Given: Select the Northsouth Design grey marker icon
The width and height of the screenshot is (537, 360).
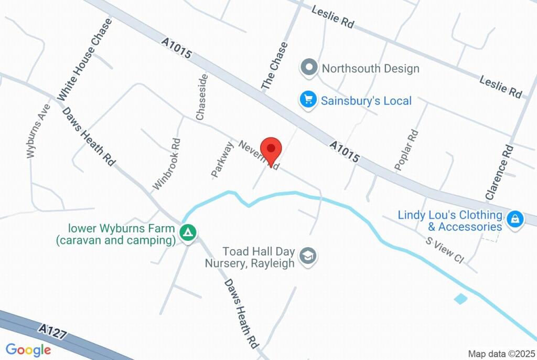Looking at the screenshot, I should [x=309, y=68].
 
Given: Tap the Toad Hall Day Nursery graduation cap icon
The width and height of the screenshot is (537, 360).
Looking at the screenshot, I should [x=307, y=256].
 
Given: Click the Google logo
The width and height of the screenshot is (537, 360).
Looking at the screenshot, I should [x=28, y=350].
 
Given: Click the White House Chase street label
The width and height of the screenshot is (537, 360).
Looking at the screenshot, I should [x=85, y=59].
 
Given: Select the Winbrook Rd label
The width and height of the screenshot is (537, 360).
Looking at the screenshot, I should [x=167, y=164].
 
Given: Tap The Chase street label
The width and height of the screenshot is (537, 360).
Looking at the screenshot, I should [x=275, y=67].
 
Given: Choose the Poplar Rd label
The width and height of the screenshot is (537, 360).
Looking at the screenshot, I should [x=406, y=150].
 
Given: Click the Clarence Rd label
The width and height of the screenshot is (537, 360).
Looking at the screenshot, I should [x=499, y=172].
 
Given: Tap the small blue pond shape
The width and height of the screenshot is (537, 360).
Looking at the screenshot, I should [x=460, y=299].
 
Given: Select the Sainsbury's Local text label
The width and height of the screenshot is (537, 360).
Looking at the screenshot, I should [x=366, y=100].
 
